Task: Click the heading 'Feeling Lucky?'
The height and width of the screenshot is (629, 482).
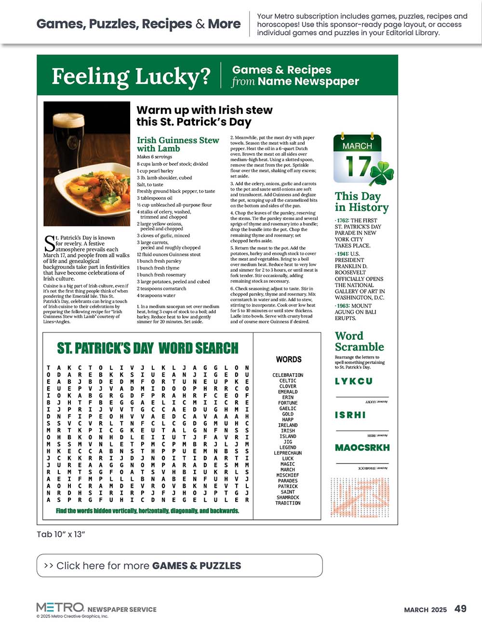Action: click(131, 76)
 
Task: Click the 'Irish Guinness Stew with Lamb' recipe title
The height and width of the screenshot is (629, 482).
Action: click(178, 144)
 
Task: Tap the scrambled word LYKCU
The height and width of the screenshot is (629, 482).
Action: click(354, 381)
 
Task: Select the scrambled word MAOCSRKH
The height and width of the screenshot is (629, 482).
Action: click(362, 447)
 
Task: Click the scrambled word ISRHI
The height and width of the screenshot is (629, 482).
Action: click(350, 415)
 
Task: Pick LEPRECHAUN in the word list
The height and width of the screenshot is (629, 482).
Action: click(288, 453)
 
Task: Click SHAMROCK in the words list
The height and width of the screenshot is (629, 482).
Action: click(288, 497)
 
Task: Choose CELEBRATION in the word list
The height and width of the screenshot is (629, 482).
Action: click(288, 375)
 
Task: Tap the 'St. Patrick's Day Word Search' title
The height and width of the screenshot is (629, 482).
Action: click(147, 348)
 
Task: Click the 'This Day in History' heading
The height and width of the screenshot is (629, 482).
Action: click(361, 202)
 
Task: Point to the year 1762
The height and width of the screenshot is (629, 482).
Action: click(342, 221)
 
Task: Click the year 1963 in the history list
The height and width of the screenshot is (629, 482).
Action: click(342, 306)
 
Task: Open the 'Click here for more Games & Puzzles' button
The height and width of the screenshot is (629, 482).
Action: click(179, 565)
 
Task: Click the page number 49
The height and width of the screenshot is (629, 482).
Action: click(460, 609)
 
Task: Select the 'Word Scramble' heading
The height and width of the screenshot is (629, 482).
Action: click(359, 341)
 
